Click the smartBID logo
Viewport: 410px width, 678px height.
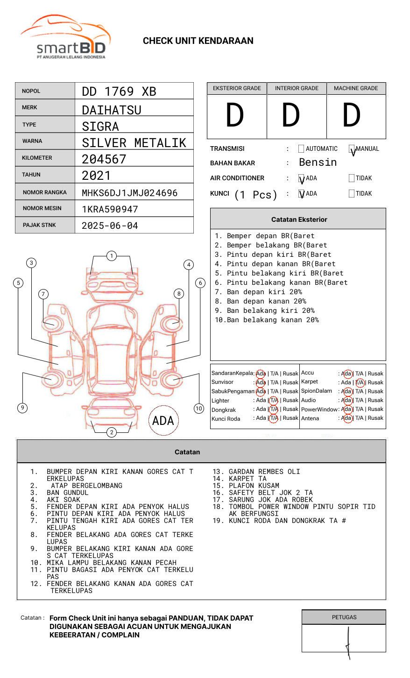click(65, 37)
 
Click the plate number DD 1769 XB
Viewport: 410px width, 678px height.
click(119, 92)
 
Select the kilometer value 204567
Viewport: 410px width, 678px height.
click(104, 159)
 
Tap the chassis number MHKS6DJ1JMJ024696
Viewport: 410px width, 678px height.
click(129, 193)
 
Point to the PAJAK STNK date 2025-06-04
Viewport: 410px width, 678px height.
click(110, 226)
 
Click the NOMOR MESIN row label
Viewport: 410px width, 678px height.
click(42, 208)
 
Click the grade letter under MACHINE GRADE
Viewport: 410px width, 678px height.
click(352, 115)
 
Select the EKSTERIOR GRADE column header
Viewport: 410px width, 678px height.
click(237, 88)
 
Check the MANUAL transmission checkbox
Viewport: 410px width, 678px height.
click(352, 149)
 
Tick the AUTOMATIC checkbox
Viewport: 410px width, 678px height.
click(301, 149)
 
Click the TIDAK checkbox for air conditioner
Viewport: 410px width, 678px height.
click(352, 178)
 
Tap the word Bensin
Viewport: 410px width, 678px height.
click(318, 162)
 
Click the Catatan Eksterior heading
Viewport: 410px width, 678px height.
click(299, 219)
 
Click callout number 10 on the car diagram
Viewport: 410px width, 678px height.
click(199, 409)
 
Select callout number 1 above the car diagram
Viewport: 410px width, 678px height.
click(111, 256)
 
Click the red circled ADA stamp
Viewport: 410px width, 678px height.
click(163, 420)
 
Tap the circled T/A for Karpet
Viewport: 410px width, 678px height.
click(360, 382)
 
